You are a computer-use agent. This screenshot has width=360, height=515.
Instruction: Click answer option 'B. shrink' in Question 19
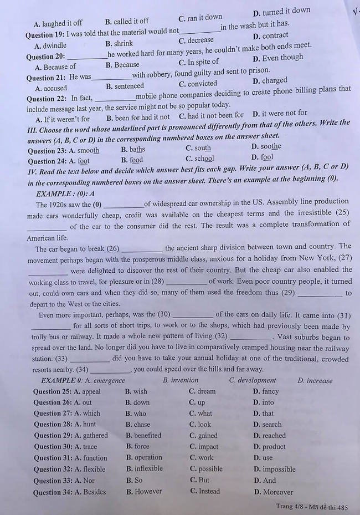click(x=119, y=43)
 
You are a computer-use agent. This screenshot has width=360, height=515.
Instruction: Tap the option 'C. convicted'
click(x=198, y=84)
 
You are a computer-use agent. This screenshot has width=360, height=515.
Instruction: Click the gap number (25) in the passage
click(x=342, y=213)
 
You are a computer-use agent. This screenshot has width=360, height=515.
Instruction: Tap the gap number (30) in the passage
click(x=163, y=314)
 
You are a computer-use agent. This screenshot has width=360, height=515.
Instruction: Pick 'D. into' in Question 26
click(x=263, y=402)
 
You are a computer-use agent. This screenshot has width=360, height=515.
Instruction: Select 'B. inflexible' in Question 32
click(x=144, y=469)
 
